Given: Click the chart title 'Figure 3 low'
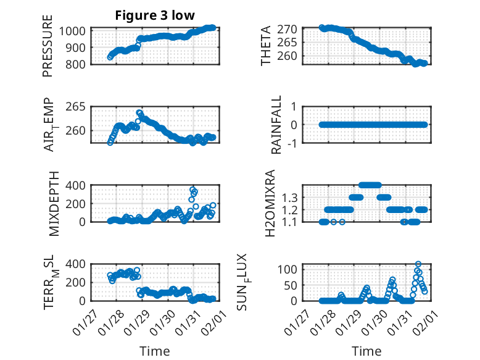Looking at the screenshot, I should (x=155, y=15).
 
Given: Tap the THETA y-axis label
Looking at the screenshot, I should (x=266, y=46).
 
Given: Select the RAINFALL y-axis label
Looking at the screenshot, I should (x=277, y=124).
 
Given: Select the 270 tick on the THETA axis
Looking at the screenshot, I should (x=291, y=29).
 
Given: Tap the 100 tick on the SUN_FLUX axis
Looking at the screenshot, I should (x=291, y=269).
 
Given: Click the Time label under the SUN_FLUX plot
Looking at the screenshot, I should (x=366, y=351).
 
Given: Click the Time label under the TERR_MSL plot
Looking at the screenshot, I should (x=154, y=351).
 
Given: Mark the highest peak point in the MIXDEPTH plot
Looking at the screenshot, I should (x=193, y=190).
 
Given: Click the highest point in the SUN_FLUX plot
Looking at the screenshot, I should (x=418, y=264).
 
